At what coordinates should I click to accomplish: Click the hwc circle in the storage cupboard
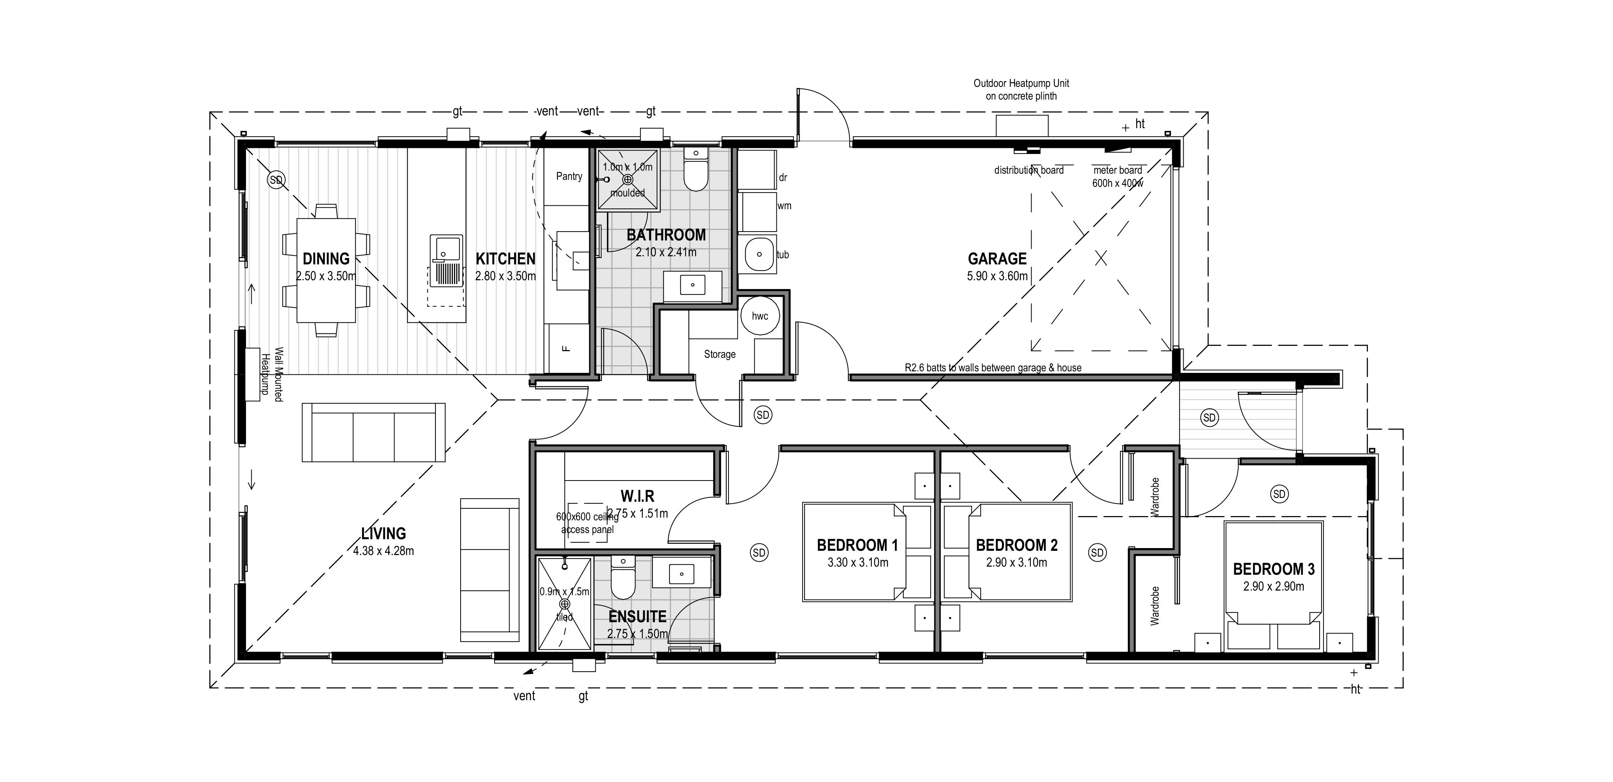[x=760, y=316]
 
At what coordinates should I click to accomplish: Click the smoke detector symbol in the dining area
[x=276, y=180]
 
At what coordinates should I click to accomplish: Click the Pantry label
[x=569, y=176]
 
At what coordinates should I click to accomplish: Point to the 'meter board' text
[x=1118, y=170]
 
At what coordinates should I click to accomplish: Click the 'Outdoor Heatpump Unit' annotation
[x=1021, y=83]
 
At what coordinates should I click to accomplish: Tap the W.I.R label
[x=637, y=496]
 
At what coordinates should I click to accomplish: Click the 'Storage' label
[x=720, y=354]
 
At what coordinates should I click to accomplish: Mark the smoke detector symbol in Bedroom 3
[x=1279, y=494]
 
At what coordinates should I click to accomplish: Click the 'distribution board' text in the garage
[x=1029, y=170]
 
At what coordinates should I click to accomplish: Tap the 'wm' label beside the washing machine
[x=784, y=206]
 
